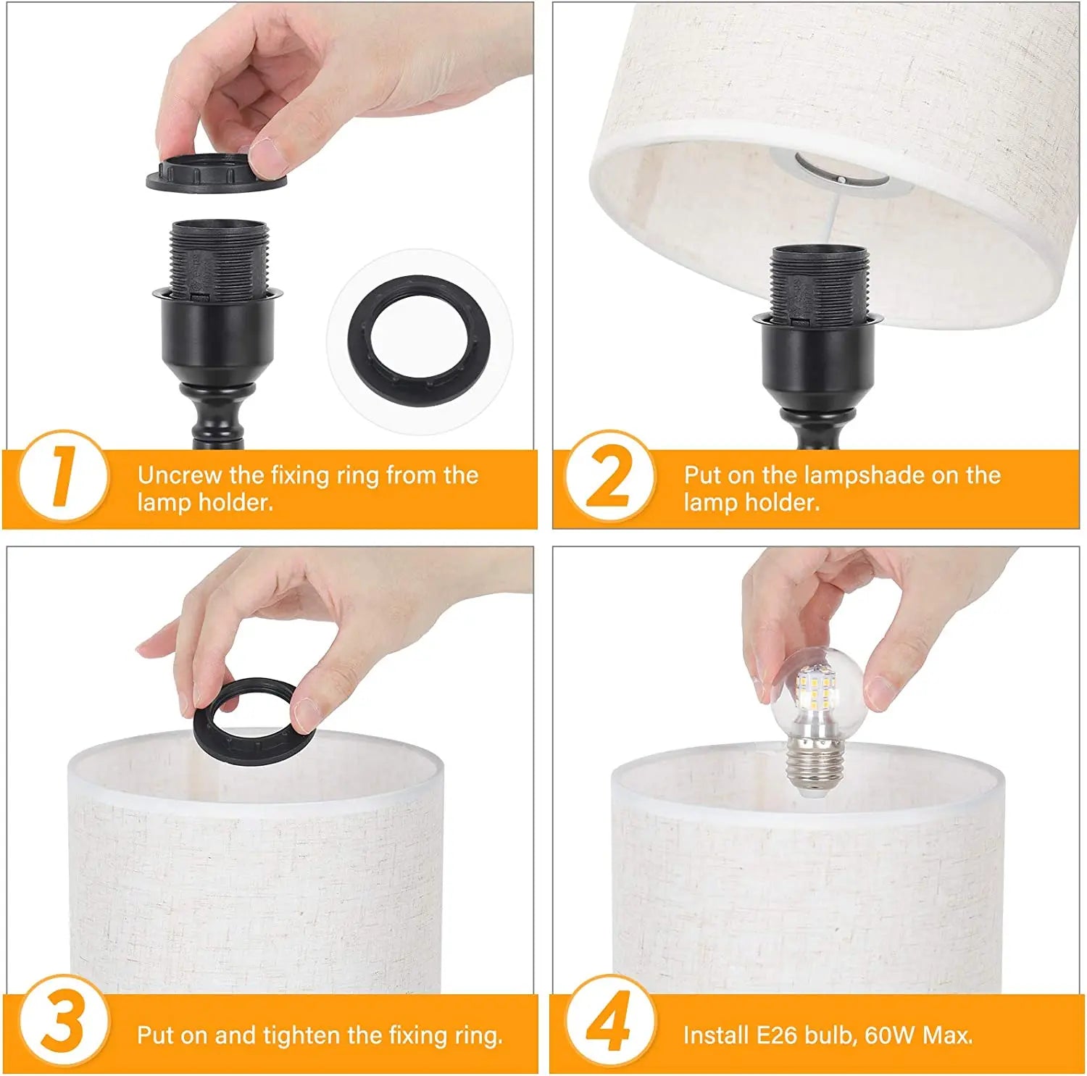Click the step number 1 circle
coord(63,476)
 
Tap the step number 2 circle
coord(610,476)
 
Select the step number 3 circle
coord(63,1022)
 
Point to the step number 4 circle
coord(610,1022)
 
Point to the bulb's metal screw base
coord(815,772)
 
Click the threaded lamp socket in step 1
coord(218,261)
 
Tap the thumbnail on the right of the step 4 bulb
coord(880,692)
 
